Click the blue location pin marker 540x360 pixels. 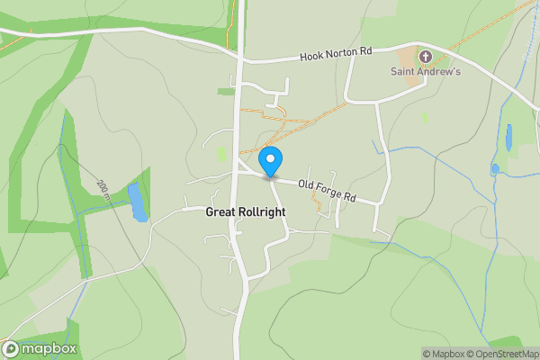(x=269, y=159)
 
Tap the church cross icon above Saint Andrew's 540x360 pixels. (x=425, y=57)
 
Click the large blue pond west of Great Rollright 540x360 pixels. (x=138, y=202)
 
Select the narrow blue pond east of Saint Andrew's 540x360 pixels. (x=509, y=137)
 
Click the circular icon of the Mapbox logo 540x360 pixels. (x=11, y=349)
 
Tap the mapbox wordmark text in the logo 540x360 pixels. (x=49, y=349)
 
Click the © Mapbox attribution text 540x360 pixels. (x=445, y=354)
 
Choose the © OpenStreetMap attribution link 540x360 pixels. (x=503, y=354)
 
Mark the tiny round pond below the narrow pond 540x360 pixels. (x=495, y=168)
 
